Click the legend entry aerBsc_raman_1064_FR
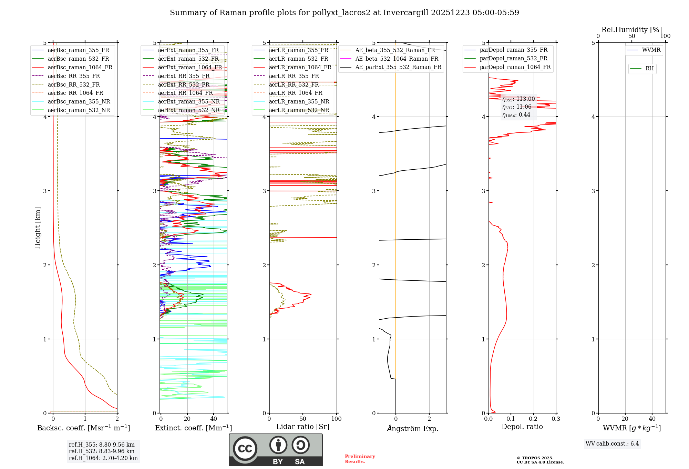click(x=80, y=67)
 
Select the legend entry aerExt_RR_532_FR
click(x=184, y=84)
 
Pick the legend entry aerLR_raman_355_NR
click(x=299, y=101)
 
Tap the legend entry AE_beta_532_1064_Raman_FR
click(x=397, y=59)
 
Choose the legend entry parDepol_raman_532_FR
click(x=513, y=58)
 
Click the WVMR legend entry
click(x=651, y=50)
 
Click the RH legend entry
click(x=649, y=69)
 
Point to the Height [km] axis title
click(x=38, y=228)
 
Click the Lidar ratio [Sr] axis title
click(x=303, y=427)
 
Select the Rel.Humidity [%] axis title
click(x=631, y=30)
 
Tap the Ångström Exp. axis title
click(x=413, y=428)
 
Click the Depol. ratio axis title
click(x=522, y=427)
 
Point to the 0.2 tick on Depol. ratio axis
click(x=533, y=419)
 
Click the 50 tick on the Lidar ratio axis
click(x=303, y=419)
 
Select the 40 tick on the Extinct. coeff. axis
click(x=214, y=419)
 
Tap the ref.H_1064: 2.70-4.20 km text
click(x=103, y=458)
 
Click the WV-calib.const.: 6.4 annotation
click(x=612, y=443)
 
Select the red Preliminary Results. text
click(x=360, y=459)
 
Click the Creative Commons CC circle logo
click(x=245, y=448)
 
